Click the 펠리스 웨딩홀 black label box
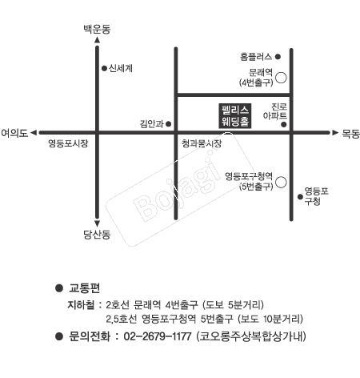point(235,116)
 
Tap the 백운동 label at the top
point(97,29)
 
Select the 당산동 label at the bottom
point(97,235)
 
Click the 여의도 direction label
point(14,133)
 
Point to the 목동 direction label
point(350,134)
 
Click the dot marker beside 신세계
point(104,69)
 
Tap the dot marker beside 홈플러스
point(278,57)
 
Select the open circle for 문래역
point(281,78)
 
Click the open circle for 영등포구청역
point(281,182)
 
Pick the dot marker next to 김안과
point(168,124)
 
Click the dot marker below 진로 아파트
point(284,124)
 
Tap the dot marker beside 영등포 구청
point(300,197)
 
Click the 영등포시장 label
point(68,143)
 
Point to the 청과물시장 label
point(202,143)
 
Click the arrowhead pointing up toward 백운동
point(98,40)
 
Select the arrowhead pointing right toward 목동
point(335,133)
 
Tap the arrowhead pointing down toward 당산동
point(98,223)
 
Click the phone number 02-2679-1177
point(158,336)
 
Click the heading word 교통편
point(84,288)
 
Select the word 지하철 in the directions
point(81,304)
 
